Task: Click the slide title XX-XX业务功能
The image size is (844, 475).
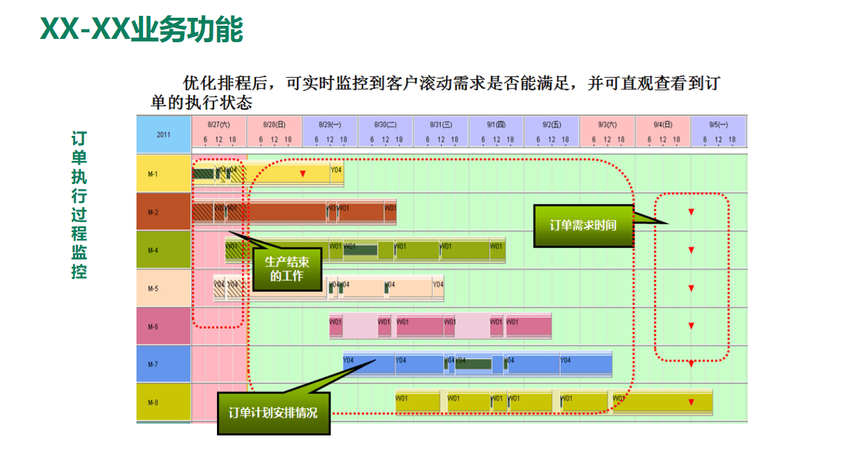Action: [142, 29]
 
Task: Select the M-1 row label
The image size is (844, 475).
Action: [153, 174]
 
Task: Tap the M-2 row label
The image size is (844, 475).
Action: [153, 212]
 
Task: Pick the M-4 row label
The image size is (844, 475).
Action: [153, 251]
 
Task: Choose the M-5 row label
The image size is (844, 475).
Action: [153, 289]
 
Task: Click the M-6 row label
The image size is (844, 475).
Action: [153, 327]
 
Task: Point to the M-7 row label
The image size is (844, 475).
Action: [153, 364]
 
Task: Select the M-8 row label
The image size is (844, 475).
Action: [153, 402]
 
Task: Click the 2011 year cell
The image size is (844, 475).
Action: [164, 135]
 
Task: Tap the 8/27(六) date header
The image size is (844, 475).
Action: [218, 124]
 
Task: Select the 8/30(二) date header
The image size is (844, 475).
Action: [385, 124]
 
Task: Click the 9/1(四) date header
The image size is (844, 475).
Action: [496, 124]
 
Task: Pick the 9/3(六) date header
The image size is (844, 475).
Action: [607, 124]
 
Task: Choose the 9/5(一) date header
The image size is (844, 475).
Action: [718, 124]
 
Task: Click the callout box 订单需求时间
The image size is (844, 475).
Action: [583, 226]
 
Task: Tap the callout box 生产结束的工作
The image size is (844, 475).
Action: [287, 269]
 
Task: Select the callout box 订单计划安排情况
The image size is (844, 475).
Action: [273, 413]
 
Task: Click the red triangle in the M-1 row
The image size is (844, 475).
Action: [303, 174]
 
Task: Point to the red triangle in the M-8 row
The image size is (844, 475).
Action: [691, 402]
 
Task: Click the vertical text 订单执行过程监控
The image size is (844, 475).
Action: [79, 205]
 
